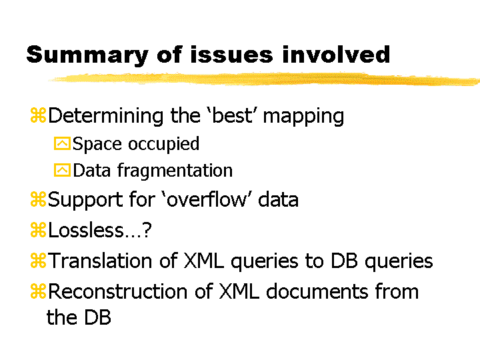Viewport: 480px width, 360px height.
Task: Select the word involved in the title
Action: pyautogui.click(x=336, y=54)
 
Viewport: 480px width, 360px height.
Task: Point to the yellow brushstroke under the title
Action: pyautogui.click(x=265, y=79)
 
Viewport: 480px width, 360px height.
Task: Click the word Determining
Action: pyautogui.click(x=106, y=116)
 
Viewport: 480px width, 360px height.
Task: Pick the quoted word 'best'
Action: pyautogui.click(x=233, y=115)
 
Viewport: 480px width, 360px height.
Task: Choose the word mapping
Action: pyautogui.click(x=303, y=117)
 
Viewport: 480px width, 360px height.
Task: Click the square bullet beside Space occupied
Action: pyautogui.click(x=62, y=143)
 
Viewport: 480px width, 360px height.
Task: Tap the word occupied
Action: pyautogui.click(x=163, y=145)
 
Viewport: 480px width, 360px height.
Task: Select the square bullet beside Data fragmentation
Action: pyautogui.click(x=62, y=170)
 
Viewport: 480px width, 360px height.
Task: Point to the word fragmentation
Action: pyautogui.click(x=175, y=171)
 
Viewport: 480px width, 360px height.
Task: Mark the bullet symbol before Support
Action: pyautogui.click(x=38, y=199)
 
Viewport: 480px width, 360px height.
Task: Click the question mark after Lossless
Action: pyautogui.click(x=147, y=229)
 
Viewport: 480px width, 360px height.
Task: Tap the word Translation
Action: pyautogui.click(x=100, y=261)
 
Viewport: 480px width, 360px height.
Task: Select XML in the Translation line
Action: pyautogui.click(x=203, y=261)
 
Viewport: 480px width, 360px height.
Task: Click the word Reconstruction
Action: pyautogui.click(x=117, y=291)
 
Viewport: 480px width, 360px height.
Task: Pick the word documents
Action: pyautogui.click(x=317, y=291)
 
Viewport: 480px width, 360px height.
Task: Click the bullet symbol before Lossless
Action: pyautogui.click(x=38, y=230)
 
